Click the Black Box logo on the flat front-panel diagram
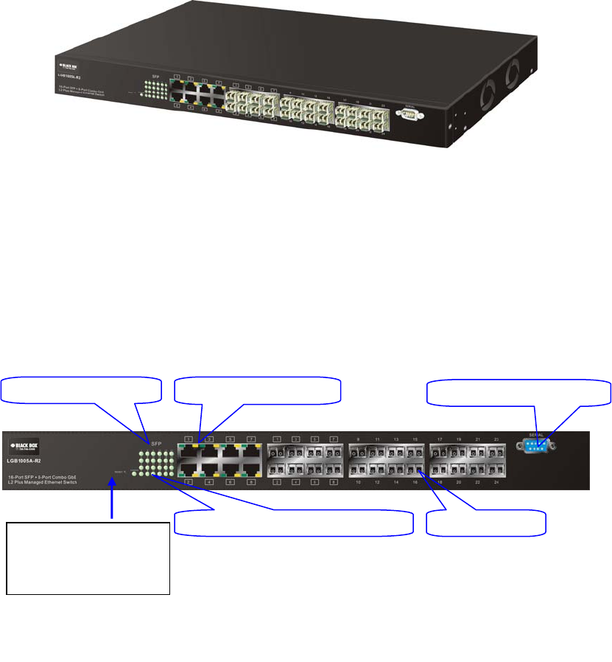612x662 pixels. coord(24,446)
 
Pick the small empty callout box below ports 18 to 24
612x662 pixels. coord(486,523)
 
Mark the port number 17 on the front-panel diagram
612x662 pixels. coord(439,439)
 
